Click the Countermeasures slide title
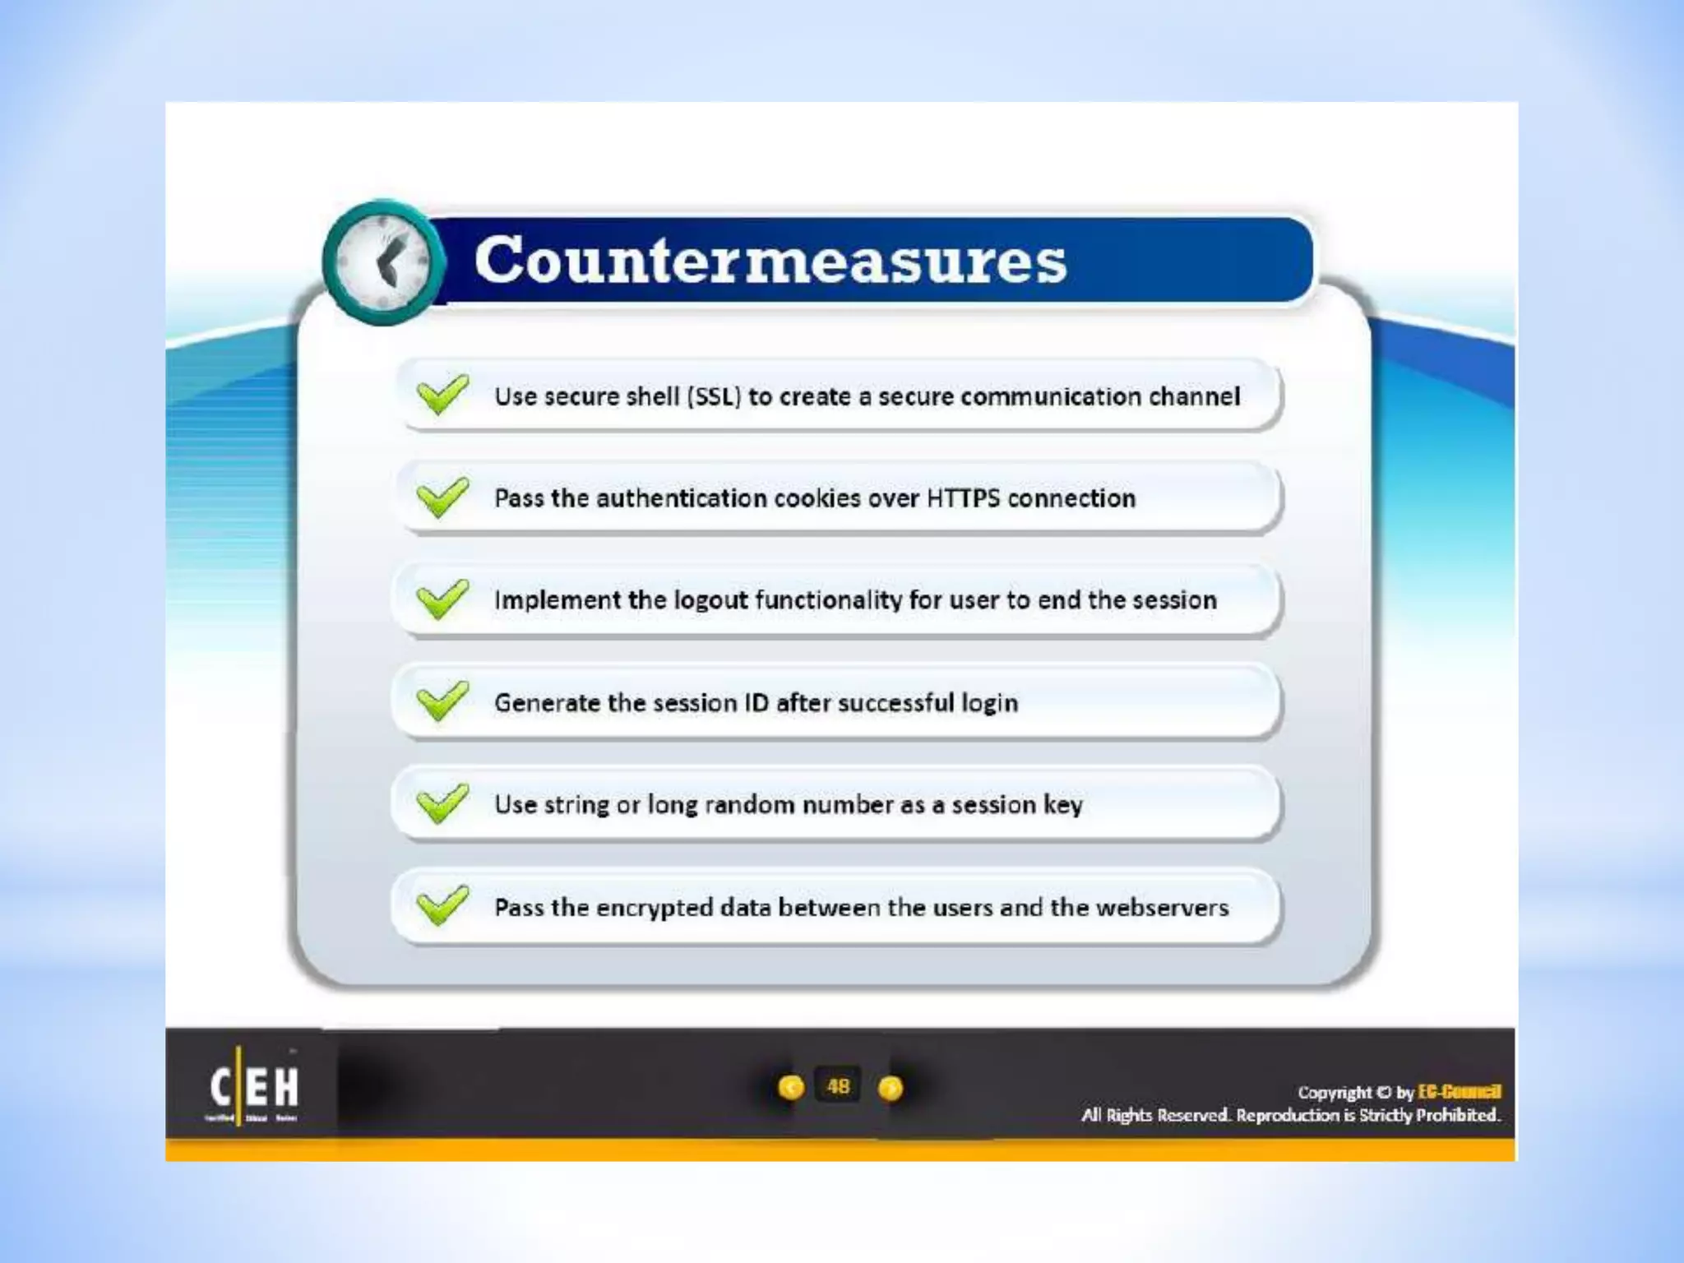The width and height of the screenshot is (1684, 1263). tap(770, 260)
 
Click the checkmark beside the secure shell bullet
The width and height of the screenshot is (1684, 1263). tap(442, 395)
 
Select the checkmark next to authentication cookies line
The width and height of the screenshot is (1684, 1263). tap(442, 497)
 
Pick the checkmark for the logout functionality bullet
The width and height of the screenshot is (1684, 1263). tap(442, 599)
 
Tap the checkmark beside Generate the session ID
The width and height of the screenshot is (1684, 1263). tap(442, 701)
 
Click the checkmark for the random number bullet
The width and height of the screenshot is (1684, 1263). tap(442, 803)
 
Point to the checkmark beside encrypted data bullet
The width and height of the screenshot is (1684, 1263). tap(442, 905)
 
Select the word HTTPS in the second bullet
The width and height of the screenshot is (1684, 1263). tap(963, 498)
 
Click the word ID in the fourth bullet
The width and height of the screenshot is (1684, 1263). tap(756, 703)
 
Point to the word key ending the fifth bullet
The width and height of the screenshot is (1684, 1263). tap(1062, 805)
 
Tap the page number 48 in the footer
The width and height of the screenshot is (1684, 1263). tap(838, 1086)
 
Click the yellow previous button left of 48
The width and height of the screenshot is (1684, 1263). tap(791, 1088)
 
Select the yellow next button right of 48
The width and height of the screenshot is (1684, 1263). tap(891, 1088)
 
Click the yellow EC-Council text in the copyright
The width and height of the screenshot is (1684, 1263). tap(1460, 1092)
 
